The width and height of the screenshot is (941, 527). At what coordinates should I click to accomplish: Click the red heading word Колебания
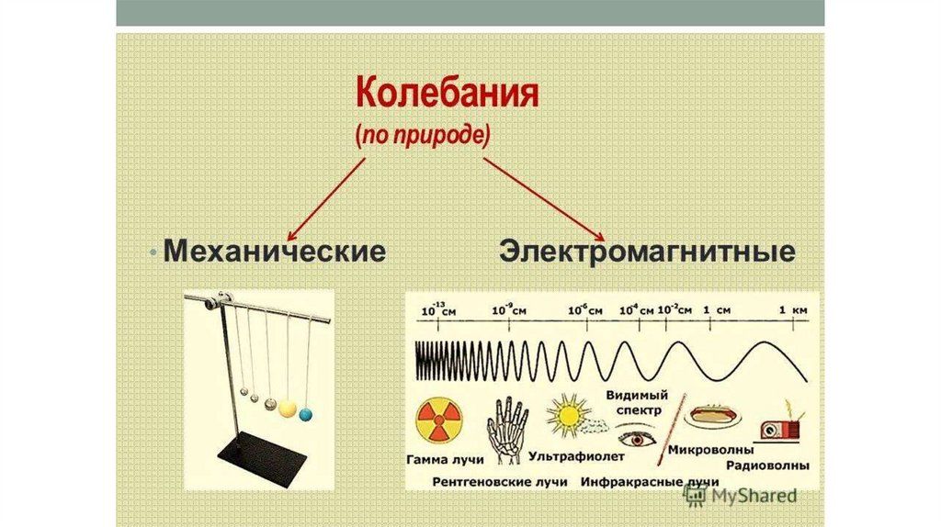click(x=448, y=95)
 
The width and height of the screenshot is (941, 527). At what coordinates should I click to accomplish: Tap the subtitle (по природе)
click(x=423, y=136)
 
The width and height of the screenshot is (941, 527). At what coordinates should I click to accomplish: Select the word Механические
click(x=274, y=251)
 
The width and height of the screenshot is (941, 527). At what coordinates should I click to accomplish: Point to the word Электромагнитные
click(x=647, y=251)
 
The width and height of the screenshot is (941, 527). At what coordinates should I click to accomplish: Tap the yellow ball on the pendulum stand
click(x=288, y=409)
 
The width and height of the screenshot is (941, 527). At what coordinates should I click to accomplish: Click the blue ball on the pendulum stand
click(x=306, y=414)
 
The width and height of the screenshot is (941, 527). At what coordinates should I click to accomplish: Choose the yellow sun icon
click(x=568, y=414)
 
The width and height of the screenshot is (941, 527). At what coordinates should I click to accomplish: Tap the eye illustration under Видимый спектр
click(x=638, y=440)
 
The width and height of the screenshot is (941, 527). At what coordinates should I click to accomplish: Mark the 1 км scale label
click(x=793, y=310)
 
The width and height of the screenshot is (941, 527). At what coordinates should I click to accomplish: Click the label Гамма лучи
click(x=446, y=460)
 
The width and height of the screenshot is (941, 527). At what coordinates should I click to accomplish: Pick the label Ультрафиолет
click(x=576, y=456)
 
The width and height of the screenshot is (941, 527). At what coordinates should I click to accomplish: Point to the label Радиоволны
click(x=767, y=465)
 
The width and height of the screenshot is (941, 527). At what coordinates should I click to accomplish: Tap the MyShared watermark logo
click(x=740, y=495)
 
